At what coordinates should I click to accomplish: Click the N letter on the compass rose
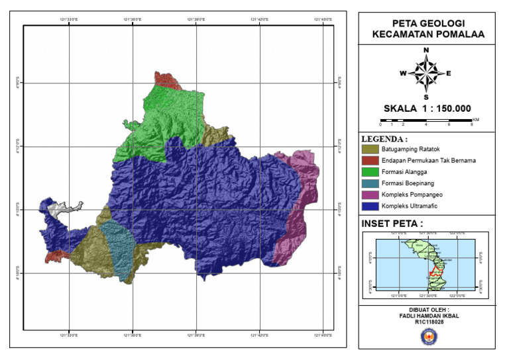[x=426, y=50]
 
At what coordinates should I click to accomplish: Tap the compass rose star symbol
[x=426, y=73]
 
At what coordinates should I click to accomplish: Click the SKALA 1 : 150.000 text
[x=427, y=109]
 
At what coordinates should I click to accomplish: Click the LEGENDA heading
[x=384, y=140]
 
